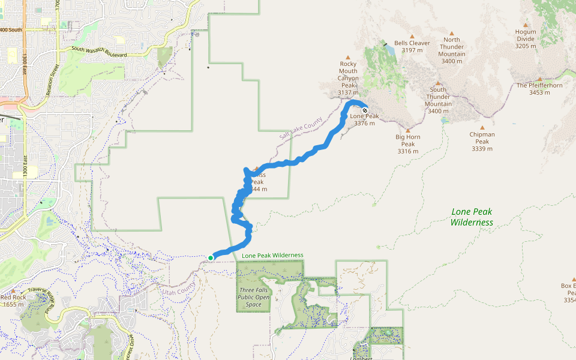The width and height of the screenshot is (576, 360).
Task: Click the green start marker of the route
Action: click(211, 258)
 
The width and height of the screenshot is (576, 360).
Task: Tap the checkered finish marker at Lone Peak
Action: click(364, 110)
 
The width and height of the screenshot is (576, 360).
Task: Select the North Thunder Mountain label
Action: click(452, 50)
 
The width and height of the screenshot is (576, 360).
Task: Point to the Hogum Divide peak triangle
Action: click(526, 25)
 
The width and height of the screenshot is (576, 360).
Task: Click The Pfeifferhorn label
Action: click(539, 89)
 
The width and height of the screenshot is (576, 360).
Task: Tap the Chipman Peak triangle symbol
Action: click(482, 127)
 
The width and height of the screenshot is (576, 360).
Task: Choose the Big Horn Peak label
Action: click(408, 144)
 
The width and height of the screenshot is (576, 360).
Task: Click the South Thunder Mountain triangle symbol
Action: click(437, 83)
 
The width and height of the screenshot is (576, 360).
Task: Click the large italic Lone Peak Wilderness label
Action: click(472, 217)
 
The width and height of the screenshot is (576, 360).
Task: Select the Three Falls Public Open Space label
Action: click(253, 297)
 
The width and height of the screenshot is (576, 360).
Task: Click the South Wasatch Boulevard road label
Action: click(99, 52)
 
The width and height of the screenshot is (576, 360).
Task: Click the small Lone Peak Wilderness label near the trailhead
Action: click(272, 256)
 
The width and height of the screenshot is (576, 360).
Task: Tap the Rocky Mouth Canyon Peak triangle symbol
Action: click(348, 58)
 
